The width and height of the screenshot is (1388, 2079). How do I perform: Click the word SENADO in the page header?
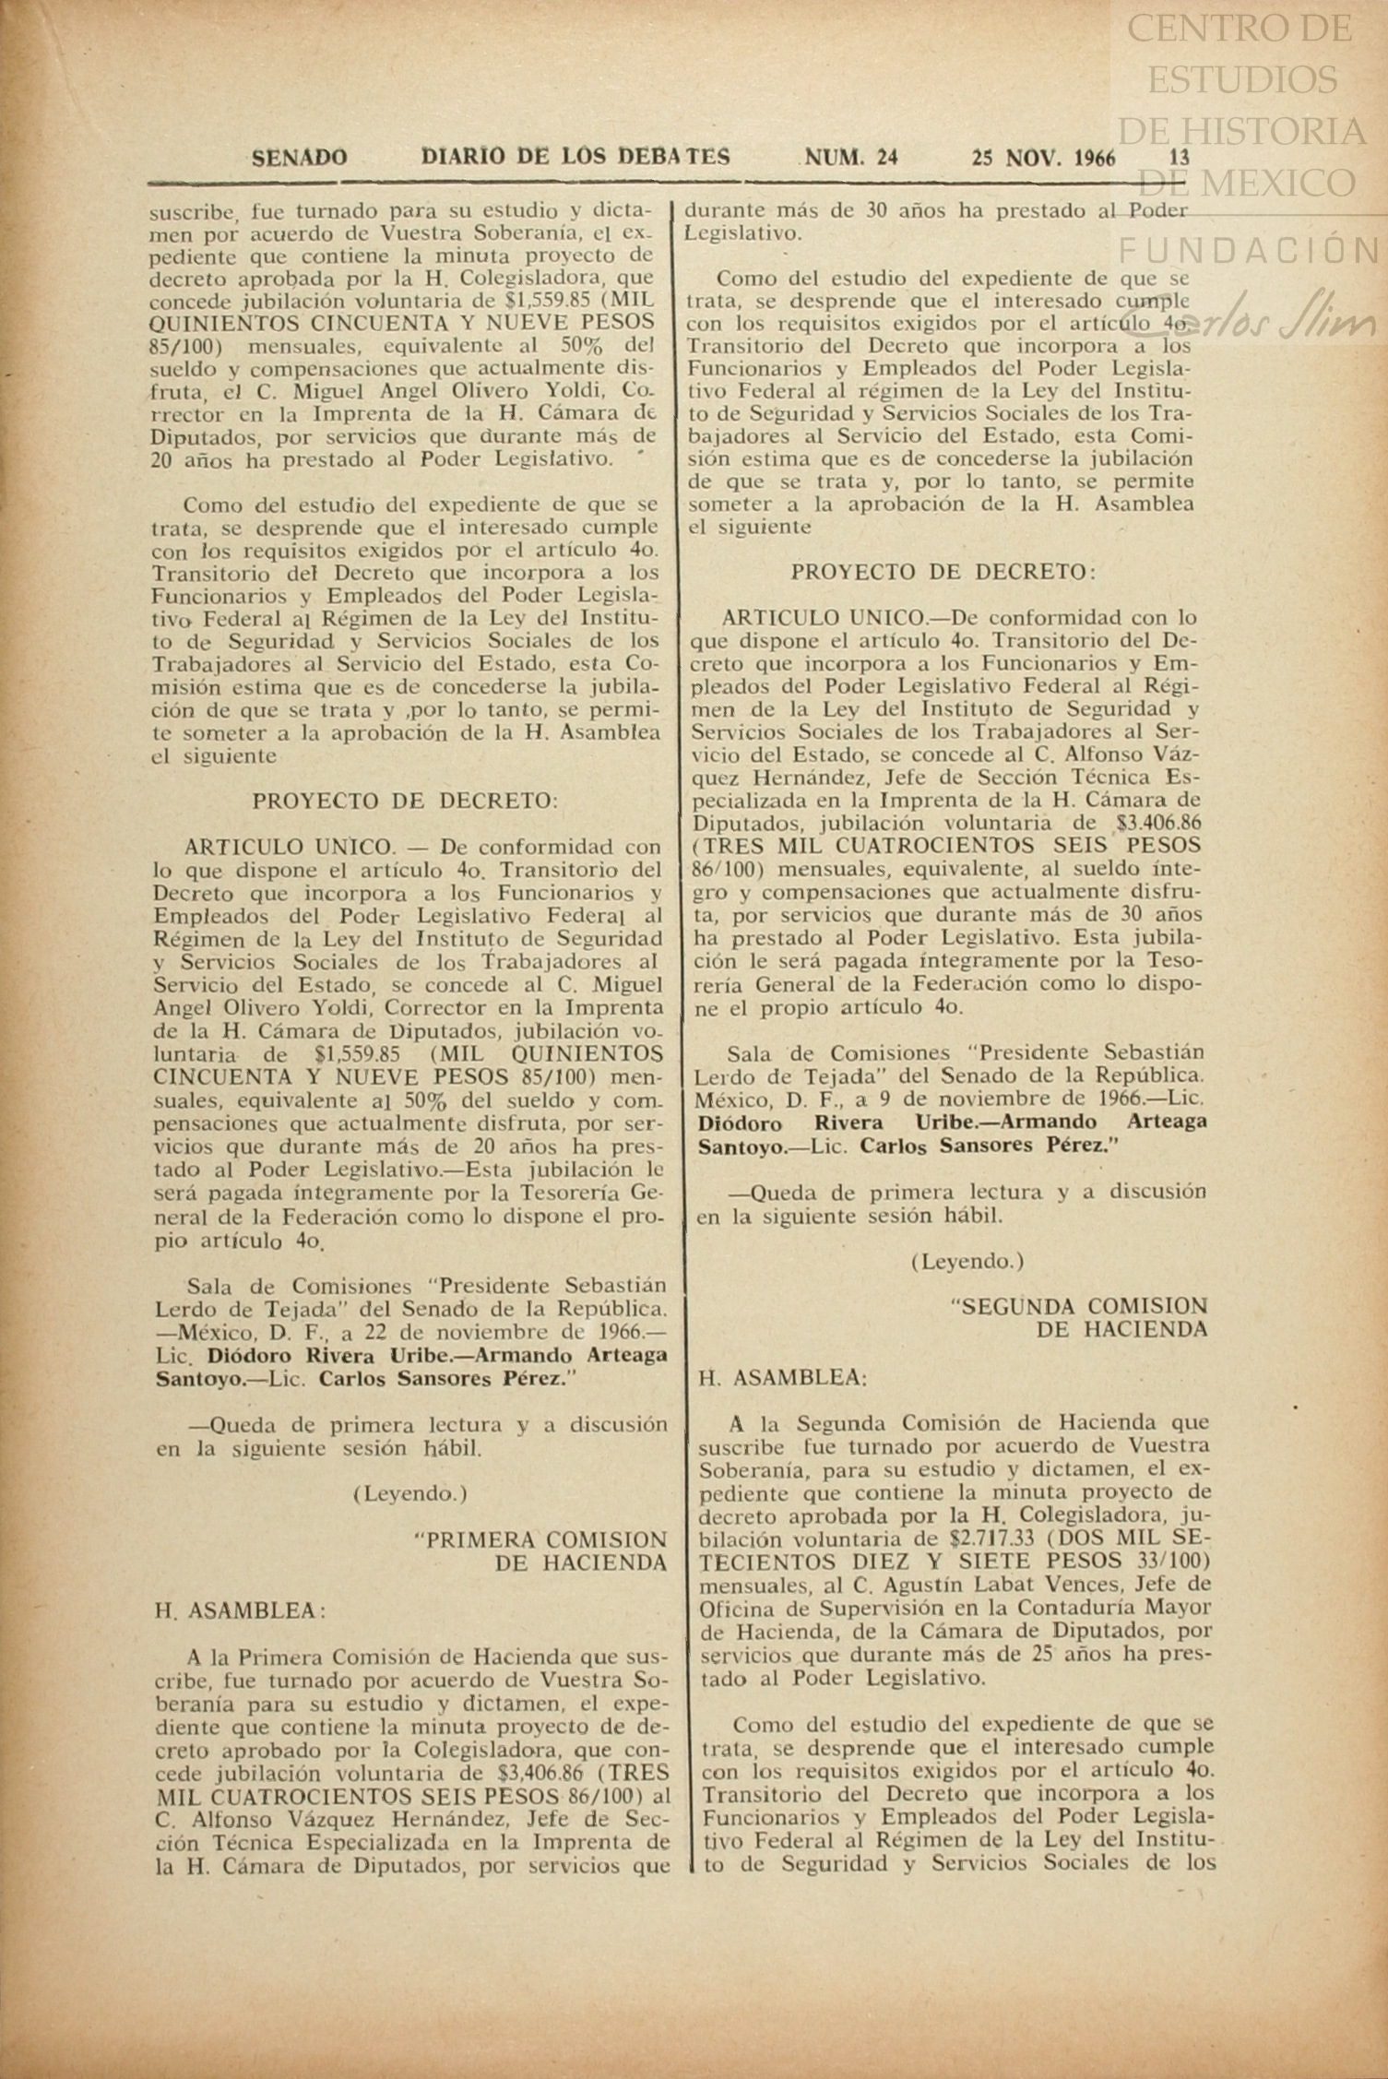point(300,158)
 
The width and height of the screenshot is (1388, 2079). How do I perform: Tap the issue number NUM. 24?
point(851,158)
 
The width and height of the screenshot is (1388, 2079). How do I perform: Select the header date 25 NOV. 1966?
point(1043,158)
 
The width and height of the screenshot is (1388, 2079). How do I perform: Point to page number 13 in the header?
point(1179,158)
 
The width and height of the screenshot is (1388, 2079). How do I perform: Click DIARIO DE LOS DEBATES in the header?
point(575,157)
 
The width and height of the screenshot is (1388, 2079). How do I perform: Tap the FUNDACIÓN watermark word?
point(1249,249)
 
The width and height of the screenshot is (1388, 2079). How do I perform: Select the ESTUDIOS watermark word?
point(1241,79)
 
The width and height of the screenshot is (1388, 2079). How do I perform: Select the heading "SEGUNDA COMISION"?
point(1078,1306)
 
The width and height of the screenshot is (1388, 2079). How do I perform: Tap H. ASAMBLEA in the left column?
point(241,1610)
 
